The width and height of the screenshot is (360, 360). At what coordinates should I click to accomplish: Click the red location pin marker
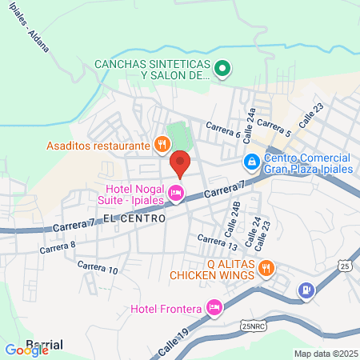[x=180, y=163]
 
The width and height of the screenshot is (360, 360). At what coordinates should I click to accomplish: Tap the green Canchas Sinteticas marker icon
[x=224, y=69]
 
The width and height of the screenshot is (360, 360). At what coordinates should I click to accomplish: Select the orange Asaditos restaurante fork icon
[x=162, y=145]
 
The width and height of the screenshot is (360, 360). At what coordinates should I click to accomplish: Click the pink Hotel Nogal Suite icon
[x=175, y=193]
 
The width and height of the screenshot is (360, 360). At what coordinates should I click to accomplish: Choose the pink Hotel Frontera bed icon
[x=214, y=306]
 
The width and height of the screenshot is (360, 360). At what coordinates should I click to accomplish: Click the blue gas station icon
[x=305, y=290]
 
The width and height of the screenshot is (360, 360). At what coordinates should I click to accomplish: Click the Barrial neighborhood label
[x=45, y=345]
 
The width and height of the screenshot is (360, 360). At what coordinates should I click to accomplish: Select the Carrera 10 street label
[x=98, y=267]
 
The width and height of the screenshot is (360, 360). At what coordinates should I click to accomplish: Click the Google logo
[x=26, y=350]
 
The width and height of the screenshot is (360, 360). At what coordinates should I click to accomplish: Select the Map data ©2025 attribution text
[x=326, y=354]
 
